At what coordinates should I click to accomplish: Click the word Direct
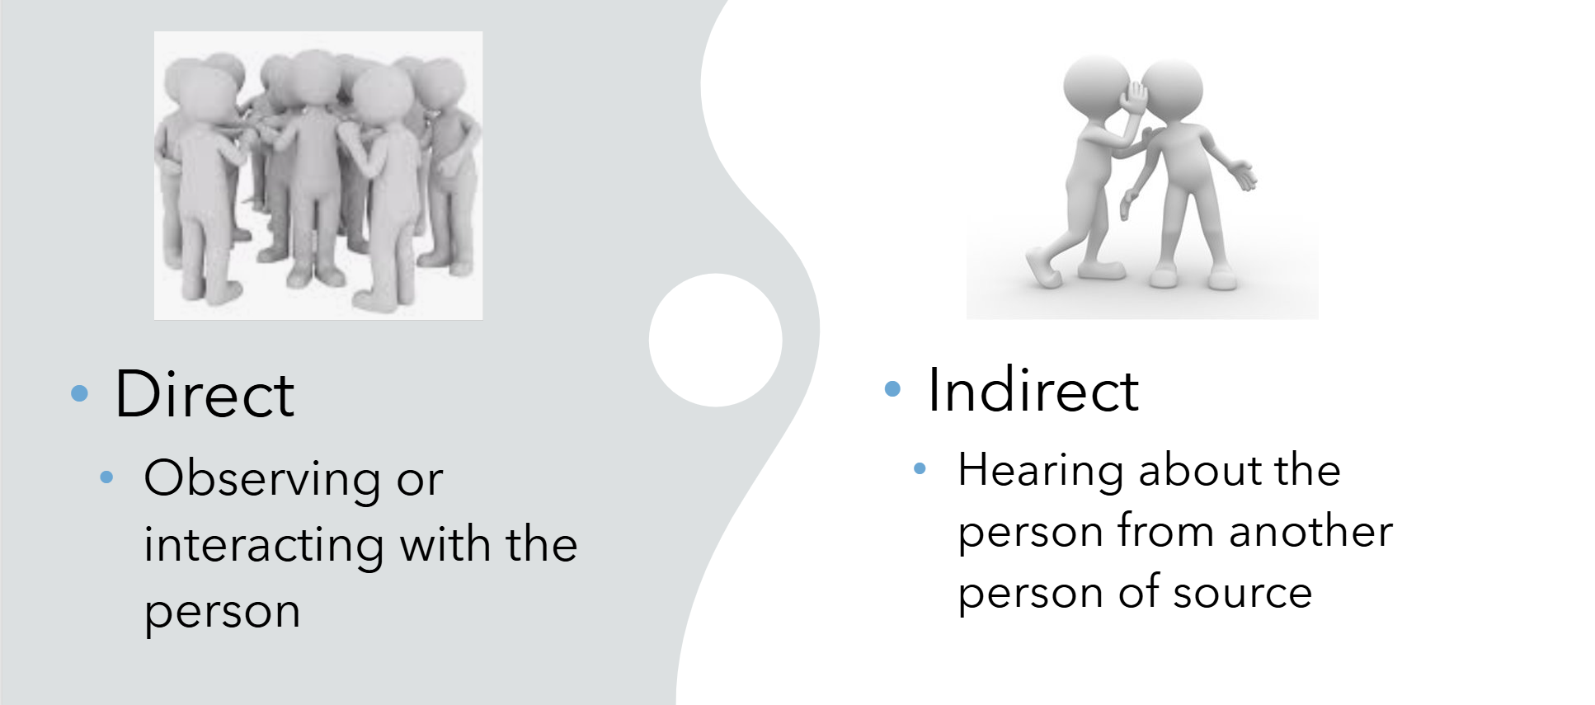[x=204, y=394]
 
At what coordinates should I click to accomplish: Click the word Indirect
[x=1033, y=389]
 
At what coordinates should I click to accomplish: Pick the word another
[x=1310, y=531]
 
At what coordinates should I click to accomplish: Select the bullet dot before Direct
[x=79, y=394]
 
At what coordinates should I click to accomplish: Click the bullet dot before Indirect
[x=892, y=388]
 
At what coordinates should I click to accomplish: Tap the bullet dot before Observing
[x=106, y=477]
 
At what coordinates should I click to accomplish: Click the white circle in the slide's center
[x=715, y=340]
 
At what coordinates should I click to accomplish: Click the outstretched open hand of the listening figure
[x=1240, y=175]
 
